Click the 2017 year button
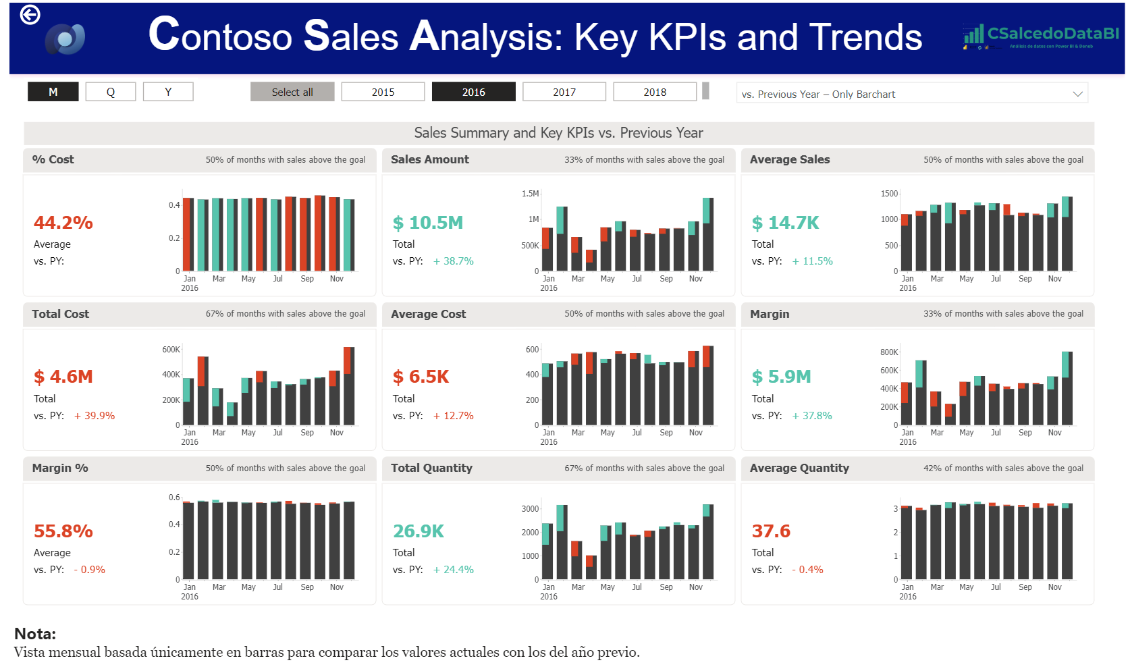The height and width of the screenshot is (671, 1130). [564, 92]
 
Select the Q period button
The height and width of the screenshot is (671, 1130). [111, 92]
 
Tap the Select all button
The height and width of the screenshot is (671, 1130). [292, 92]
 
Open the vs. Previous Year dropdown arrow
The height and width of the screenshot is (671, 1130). [1077, 94]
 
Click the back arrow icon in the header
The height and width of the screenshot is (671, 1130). [30, 14]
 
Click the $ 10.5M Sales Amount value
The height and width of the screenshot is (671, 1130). [428, 223]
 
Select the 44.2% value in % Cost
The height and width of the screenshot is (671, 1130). [63, 223]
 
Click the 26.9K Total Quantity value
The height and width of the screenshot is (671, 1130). [419, 531]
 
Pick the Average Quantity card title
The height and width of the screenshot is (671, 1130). [799, 468]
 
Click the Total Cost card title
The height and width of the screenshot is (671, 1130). [61, 314]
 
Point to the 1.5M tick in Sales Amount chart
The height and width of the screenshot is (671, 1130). [531, 194]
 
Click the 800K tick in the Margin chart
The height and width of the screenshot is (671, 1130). [889, 352]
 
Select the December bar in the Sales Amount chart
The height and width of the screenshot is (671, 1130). [707, 236]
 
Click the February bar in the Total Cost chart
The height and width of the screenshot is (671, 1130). [203, 392]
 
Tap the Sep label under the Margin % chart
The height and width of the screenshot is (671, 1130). [307, 587]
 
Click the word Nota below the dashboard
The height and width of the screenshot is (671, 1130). [35, 634]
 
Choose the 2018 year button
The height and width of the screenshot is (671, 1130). [655, 92]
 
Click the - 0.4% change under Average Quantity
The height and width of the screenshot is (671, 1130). [807, 570]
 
